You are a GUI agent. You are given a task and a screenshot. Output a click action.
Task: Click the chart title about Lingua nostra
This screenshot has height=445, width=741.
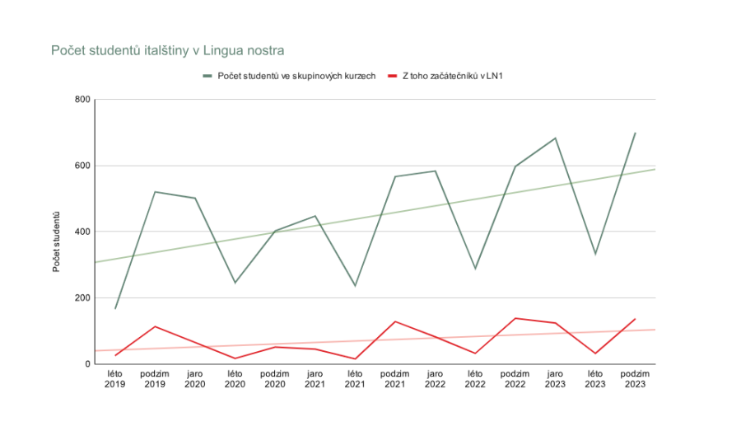[168, 51]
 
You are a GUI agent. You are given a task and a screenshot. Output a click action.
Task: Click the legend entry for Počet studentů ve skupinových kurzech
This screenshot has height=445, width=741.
[296, 76]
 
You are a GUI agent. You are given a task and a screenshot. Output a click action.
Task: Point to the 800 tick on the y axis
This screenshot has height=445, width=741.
[82, 100]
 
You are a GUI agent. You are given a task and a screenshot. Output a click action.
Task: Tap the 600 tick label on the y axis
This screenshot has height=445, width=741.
[82, 166]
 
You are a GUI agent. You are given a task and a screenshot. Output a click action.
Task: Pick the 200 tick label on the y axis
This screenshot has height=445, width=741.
[82, 297]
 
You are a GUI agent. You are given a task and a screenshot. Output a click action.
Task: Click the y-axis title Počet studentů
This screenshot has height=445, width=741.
[57, 242]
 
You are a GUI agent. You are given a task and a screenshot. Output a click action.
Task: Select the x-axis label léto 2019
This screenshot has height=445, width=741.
[115, 379]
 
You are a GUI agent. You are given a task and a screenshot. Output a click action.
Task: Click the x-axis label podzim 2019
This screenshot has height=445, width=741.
[155, 379]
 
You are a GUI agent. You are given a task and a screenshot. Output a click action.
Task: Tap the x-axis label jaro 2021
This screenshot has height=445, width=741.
[315, 379]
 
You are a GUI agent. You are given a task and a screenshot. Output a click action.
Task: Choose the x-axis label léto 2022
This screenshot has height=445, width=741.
[475, 379]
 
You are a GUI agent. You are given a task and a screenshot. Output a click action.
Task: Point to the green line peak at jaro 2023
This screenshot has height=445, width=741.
[556, 138]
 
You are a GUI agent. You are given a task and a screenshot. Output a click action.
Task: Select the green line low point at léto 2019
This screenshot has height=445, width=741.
[115, 309]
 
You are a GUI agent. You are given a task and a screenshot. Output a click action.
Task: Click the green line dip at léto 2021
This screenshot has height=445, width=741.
[355, 286]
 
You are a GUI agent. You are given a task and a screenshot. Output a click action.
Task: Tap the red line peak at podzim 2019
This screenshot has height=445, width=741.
[155, 326]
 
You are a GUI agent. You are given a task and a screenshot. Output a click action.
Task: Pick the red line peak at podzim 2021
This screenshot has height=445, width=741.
[395, 321]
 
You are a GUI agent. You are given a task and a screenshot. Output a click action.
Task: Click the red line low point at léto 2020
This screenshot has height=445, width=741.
[235, 358]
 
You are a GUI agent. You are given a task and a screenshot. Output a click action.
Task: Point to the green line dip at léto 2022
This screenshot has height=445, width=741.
[475, 269]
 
